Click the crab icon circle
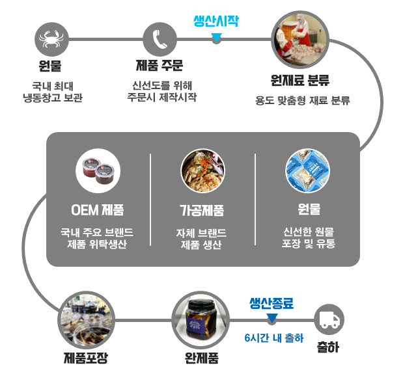pyautogui.click(x=51, y=40)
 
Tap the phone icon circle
pyautogui.click(x=160, y=40)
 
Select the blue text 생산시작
pyautogui.click(x=216, y=21)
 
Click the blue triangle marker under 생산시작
pyautogui.click(x=216, y=39)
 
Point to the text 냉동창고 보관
pyautogui.click(x=52, y=98)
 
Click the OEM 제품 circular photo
pyautogui.click(x=98, y=171)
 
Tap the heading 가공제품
pyautogui.click(x=202, y=210)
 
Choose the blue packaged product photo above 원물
pyautogui.click(x=307, y=171)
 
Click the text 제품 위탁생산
pyautogui.click(x=98, y=245)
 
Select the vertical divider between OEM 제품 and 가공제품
pyautogui.click(x=150, y=200)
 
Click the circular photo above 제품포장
pyautogui.click(x=85, y=319)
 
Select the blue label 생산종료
pyautogui.click(x=271, y=303)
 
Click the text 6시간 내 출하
pyautogui.click(x=273, y=338)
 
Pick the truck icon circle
pyautogui.click(x=329, y=319)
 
